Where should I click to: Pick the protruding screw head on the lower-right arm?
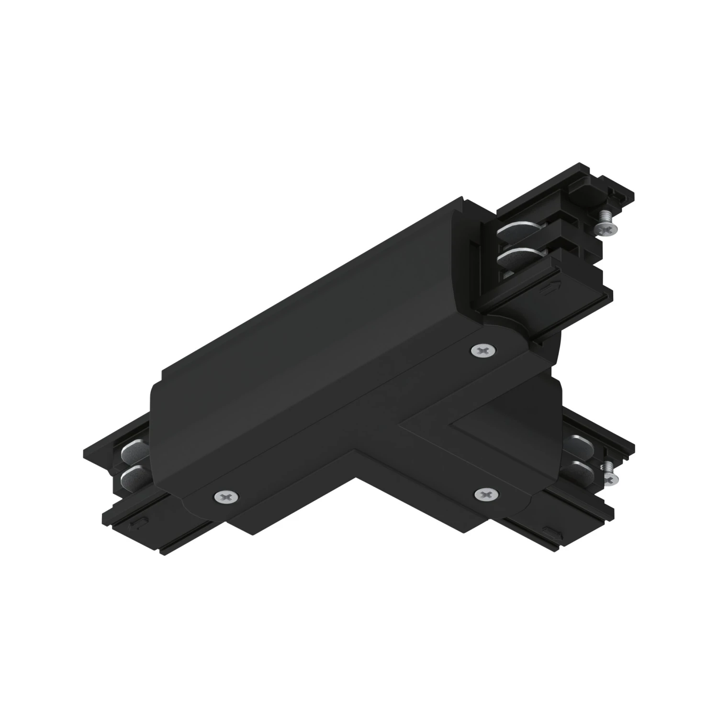(x=610, y=478)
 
